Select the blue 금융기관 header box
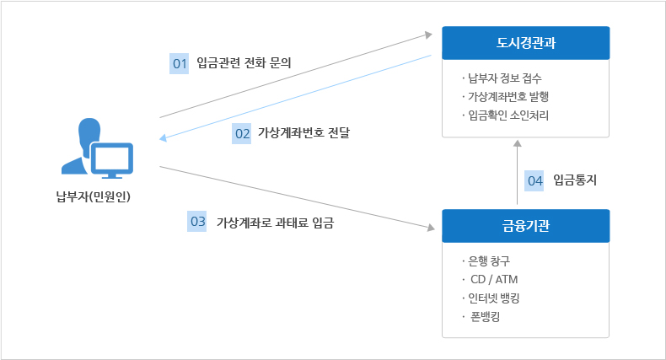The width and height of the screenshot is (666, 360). point(526,225)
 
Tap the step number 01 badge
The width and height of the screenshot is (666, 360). point(179,64)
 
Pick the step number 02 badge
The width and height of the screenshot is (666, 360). point(242,133)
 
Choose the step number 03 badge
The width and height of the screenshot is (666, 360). point(197,222)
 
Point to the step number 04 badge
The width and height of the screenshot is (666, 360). point(534,180)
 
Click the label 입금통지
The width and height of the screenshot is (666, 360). point(575,180)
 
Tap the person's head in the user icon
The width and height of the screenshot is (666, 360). point(89,132)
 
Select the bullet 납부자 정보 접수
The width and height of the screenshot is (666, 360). point(505,80)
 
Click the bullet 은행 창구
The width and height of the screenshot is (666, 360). point(491,261)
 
